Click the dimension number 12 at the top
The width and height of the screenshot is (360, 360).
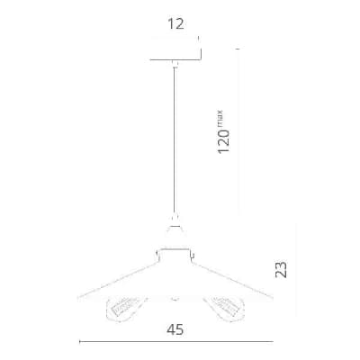(x=175, y=23)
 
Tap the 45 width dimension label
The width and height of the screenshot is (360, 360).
(x=175, y=330)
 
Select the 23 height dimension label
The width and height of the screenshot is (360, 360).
(x=281, y=270)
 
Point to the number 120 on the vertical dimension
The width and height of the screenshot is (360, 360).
(x=223, y=141)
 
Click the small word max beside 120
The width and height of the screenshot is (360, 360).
(x=220, y=119)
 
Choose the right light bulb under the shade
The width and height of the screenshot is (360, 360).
(x=224, y=308)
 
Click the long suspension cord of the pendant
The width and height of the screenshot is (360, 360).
(x=175, y=141)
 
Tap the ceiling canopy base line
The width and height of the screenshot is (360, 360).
(x=175, y=59)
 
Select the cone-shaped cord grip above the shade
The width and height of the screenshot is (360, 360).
(x=175, y=226)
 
